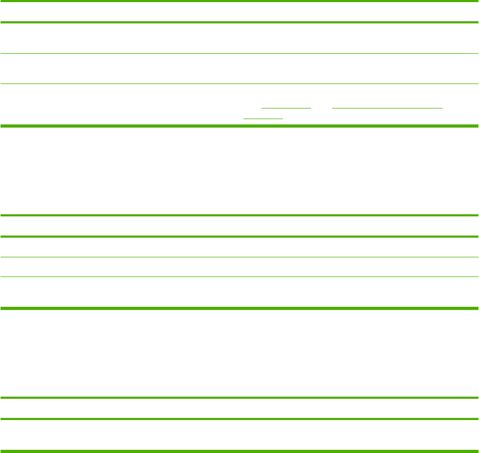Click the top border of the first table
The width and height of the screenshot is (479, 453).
(239, 1)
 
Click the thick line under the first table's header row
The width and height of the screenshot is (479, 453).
(239, 22)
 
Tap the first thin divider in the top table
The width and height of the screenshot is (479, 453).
(239, 53)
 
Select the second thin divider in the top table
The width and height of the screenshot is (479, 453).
(239, 83)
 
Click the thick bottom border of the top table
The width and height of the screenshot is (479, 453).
(239, 126)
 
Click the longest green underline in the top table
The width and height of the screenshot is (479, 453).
(386, 108)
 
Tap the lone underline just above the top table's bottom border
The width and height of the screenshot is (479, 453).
(263, 118)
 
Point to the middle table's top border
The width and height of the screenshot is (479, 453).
(239, 215)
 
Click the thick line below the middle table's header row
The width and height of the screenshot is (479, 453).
(239, 237)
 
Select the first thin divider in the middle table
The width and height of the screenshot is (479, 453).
(239, 258)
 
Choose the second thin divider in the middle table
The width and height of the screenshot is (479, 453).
(239, 276)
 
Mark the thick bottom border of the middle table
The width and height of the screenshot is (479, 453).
(239, 308)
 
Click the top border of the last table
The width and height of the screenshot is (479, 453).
(239, 398)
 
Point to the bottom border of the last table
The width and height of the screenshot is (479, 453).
(239, 452)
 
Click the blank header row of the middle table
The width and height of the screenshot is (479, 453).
(239, 226)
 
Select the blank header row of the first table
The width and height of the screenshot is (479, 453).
(239, 12)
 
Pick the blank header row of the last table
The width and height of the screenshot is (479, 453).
(239, 408)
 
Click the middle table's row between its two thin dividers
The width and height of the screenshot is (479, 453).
(239, 267)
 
